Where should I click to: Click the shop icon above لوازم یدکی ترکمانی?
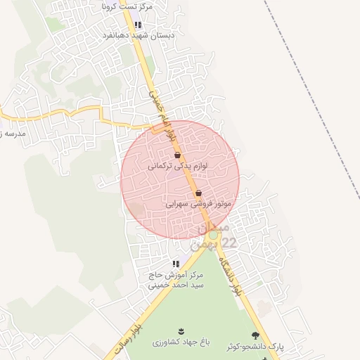click(177, 155)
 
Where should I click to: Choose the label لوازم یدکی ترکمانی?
click(177, 167)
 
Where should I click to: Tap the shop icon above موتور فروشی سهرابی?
click(198, 192)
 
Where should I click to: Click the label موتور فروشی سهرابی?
click(199, 204)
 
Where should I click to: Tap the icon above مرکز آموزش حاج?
click(176, 264)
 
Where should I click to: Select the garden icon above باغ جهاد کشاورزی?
click(181, 331)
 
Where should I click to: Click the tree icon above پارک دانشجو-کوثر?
click(255, 335)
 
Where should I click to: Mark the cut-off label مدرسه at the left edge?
click(13, 131)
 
